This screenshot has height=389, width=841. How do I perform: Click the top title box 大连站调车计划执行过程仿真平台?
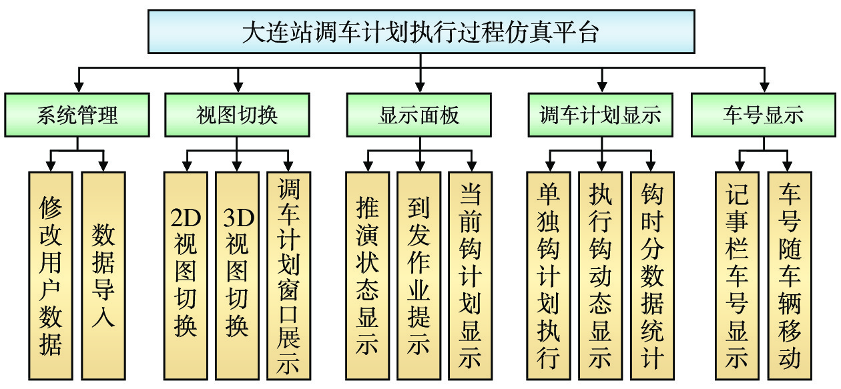click(420, 32)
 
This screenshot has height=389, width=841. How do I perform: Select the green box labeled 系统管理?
click(78, 115)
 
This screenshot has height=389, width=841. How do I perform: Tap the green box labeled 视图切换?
click(237, 115)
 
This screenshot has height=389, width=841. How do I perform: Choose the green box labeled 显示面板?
click(419, 115)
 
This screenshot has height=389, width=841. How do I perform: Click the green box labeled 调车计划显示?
click(600, 115)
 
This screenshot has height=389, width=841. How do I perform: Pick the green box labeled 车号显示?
click(763, 115)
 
